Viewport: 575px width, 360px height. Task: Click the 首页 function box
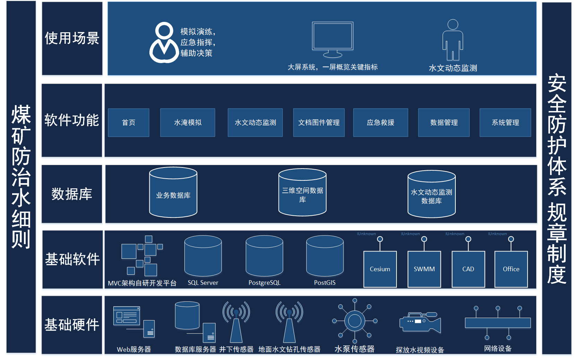click(x=128, y=122)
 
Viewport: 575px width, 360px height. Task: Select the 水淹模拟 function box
click(x=188, y=122)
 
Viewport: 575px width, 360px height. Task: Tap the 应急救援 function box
click(x=380, y=122)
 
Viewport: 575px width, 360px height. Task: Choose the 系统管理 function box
click(x=505, y=122)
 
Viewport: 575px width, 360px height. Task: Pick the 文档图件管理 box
click(x=319, y=122)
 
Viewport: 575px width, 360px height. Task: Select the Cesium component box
click(x=380, y=269)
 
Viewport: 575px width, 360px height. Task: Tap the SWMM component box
click(x=424, y=269)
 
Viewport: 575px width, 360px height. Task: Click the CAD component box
click(x=468, y=269)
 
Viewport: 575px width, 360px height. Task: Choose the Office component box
click(x=511, y=269)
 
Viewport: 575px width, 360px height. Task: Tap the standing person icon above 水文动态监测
click(x=453, y=40)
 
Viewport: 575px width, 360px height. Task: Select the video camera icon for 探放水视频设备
click(x=420, y=323)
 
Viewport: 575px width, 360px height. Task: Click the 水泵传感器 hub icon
click(x=355, y=321)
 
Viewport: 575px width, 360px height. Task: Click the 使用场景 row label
click(x=72, y=38)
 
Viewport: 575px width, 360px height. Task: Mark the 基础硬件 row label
click(x=72, y=325)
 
